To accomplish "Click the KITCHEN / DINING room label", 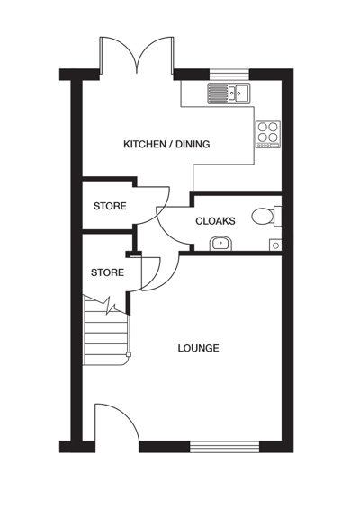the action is tap(166, 144).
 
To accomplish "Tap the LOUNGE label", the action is tap(199, 348).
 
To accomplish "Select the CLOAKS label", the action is tap(215, 221).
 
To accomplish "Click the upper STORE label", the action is tap(110, 206).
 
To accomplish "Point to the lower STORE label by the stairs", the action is tap(107, 272).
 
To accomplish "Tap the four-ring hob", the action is tap(268, 135).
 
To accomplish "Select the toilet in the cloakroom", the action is tap(266, 216).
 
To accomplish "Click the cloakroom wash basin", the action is tap(220, 244).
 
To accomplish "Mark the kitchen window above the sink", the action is tap(229, 75).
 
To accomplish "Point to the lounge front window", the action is tap(225, 447).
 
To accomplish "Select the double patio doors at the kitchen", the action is tap(137, 55).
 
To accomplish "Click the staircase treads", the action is tap(105, 332).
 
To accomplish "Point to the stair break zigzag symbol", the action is tap(109, 305).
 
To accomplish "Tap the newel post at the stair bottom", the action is tap(129, 354).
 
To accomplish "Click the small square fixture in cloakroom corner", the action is tap(275, 245).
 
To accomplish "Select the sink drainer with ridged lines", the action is tap(218, 93).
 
